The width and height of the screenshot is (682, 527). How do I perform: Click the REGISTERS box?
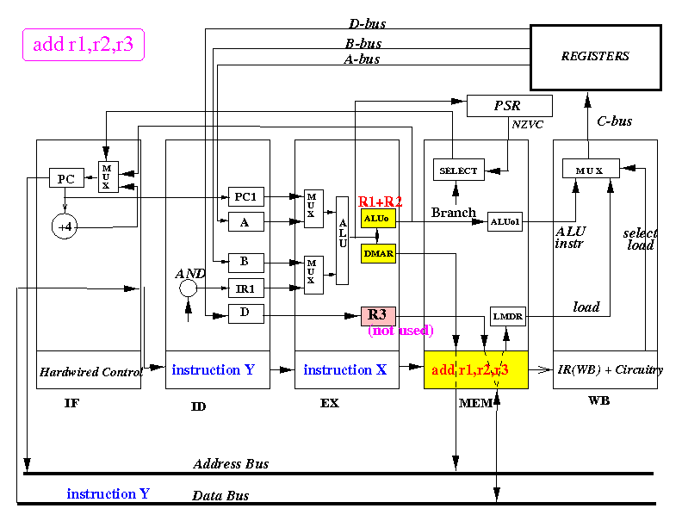tap(595, 58)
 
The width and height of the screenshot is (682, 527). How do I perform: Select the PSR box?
tap(509, 106)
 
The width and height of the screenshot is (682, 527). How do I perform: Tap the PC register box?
tap(66, 178)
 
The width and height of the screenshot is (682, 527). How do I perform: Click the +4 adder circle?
tap(65, 226)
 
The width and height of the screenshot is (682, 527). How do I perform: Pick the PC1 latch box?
tap(245, 196)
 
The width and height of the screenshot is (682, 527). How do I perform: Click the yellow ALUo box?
tap(378, 218)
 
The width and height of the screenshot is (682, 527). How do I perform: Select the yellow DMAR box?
tap(378, 253)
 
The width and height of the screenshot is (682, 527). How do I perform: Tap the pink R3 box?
tap(378, 316)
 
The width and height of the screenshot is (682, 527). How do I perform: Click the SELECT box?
tap(458, 170)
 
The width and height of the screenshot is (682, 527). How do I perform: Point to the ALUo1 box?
tap(505, 222)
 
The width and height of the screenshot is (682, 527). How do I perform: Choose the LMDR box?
tap(507, 316)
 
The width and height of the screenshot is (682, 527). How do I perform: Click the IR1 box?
tap(245, 288)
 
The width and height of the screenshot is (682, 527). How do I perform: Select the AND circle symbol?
tap(188, 288)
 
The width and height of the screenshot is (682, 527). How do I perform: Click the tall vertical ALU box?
tap(343, 240)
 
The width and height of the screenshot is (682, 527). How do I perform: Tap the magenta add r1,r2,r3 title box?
tap(83, 45)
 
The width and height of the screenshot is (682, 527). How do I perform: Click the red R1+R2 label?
tap(380, 201)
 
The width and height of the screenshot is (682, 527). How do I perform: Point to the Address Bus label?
tap(231, 464)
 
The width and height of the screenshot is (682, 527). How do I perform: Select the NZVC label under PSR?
tap(528, 125)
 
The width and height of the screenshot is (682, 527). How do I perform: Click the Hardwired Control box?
tap(89, 370)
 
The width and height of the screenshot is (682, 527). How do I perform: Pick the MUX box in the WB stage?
tap(591, 168)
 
